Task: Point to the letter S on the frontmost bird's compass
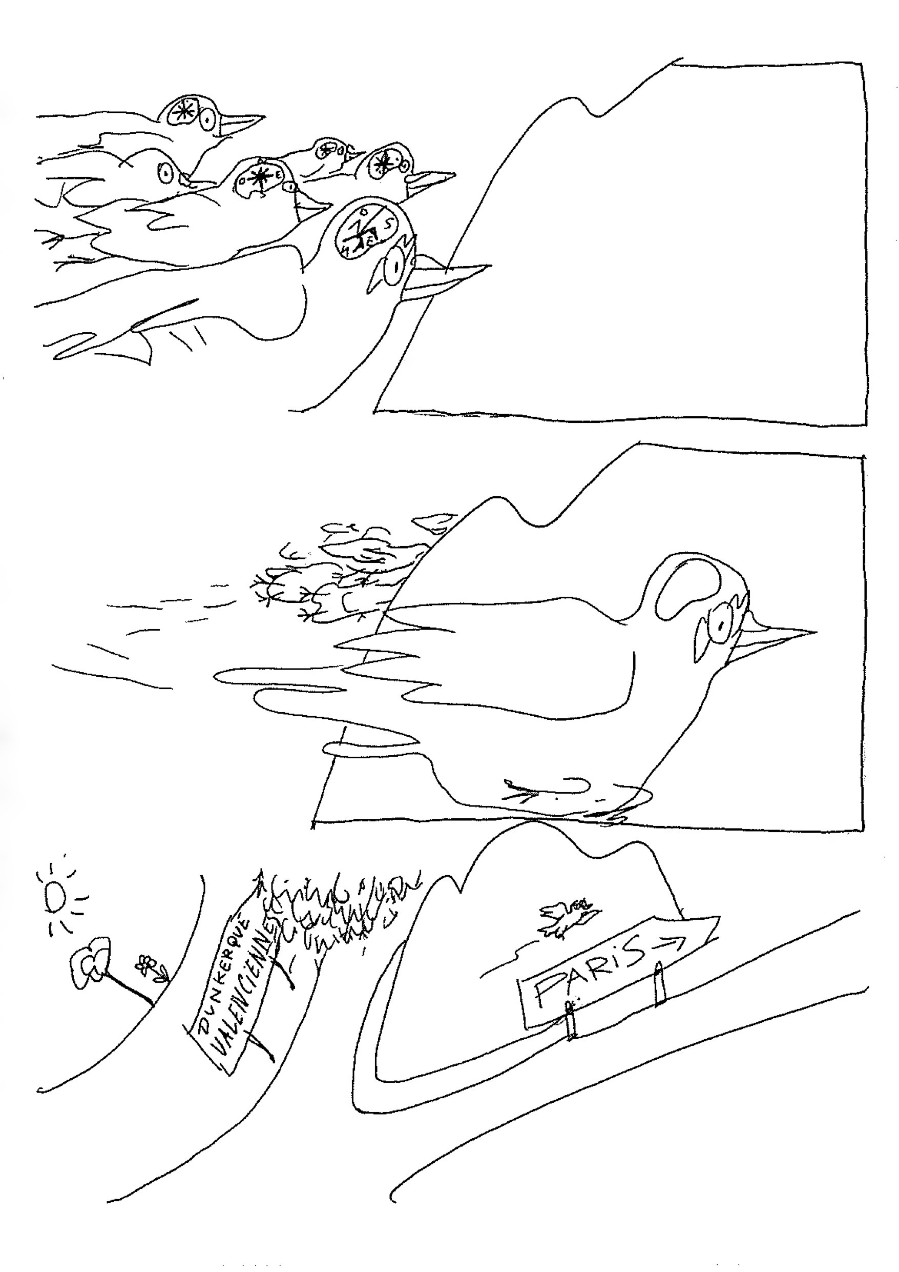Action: [389, 225]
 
